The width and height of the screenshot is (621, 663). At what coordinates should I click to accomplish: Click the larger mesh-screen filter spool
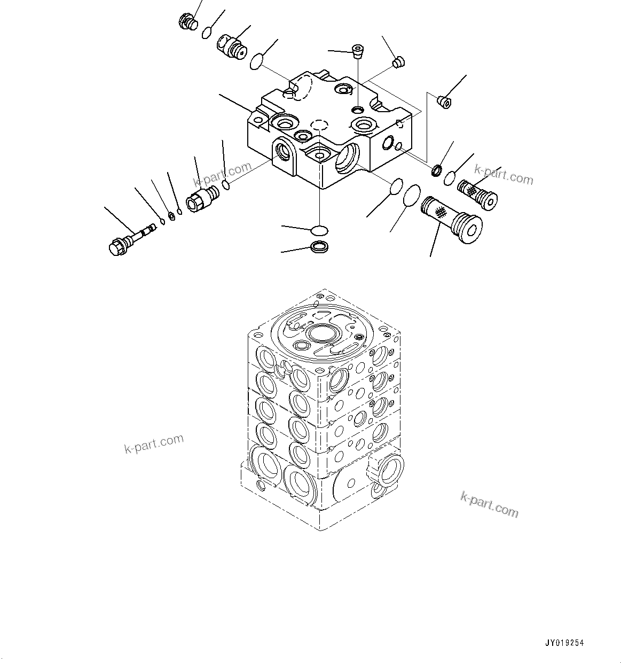coord(451,220)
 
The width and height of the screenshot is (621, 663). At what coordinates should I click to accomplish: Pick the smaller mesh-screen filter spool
coord(477,193)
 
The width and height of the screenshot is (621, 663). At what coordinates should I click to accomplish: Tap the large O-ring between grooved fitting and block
coord(257,62)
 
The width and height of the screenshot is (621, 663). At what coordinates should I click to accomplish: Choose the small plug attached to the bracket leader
coord(443,101)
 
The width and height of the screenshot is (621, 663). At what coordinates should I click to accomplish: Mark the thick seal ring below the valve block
coord(319,247)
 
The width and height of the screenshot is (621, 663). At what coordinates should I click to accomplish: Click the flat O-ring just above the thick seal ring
coord(319,230)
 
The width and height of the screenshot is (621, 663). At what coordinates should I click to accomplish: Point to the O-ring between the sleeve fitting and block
coord(226,185)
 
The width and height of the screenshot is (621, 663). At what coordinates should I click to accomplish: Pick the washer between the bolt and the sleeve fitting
coord(172,215)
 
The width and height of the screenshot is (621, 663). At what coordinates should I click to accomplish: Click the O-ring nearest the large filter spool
coord(411,196)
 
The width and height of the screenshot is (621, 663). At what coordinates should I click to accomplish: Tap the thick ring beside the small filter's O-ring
coord(437,171)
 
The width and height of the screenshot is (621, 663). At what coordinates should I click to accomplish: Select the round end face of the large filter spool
coord(470,231)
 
